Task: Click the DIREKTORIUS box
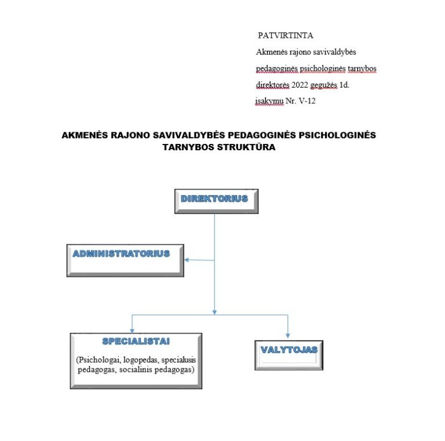(216, 201)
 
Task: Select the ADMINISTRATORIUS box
(125, 261)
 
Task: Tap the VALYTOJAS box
(289, 355)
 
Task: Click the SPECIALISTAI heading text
(136, 341)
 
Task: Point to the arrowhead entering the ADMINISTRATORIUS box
(187, 259)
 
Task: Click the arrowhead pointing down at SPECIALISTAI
(132, 331)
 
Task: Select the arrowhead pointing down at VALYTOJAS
(288, 335)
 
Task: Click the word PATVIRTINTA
(286, 35)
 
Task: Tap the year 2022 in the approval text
(300, 85)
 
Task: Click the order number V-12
(307, 101)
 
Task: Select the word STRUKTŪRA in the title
(246, 147)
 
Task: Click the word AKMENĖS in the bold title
(85, 135)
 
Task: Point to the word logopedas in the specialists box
(141, 360)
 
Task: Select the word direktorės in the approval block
(273, 85)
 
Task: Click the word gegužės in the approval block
(324, 85)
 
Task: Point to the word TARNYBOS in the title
(188, 147)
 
